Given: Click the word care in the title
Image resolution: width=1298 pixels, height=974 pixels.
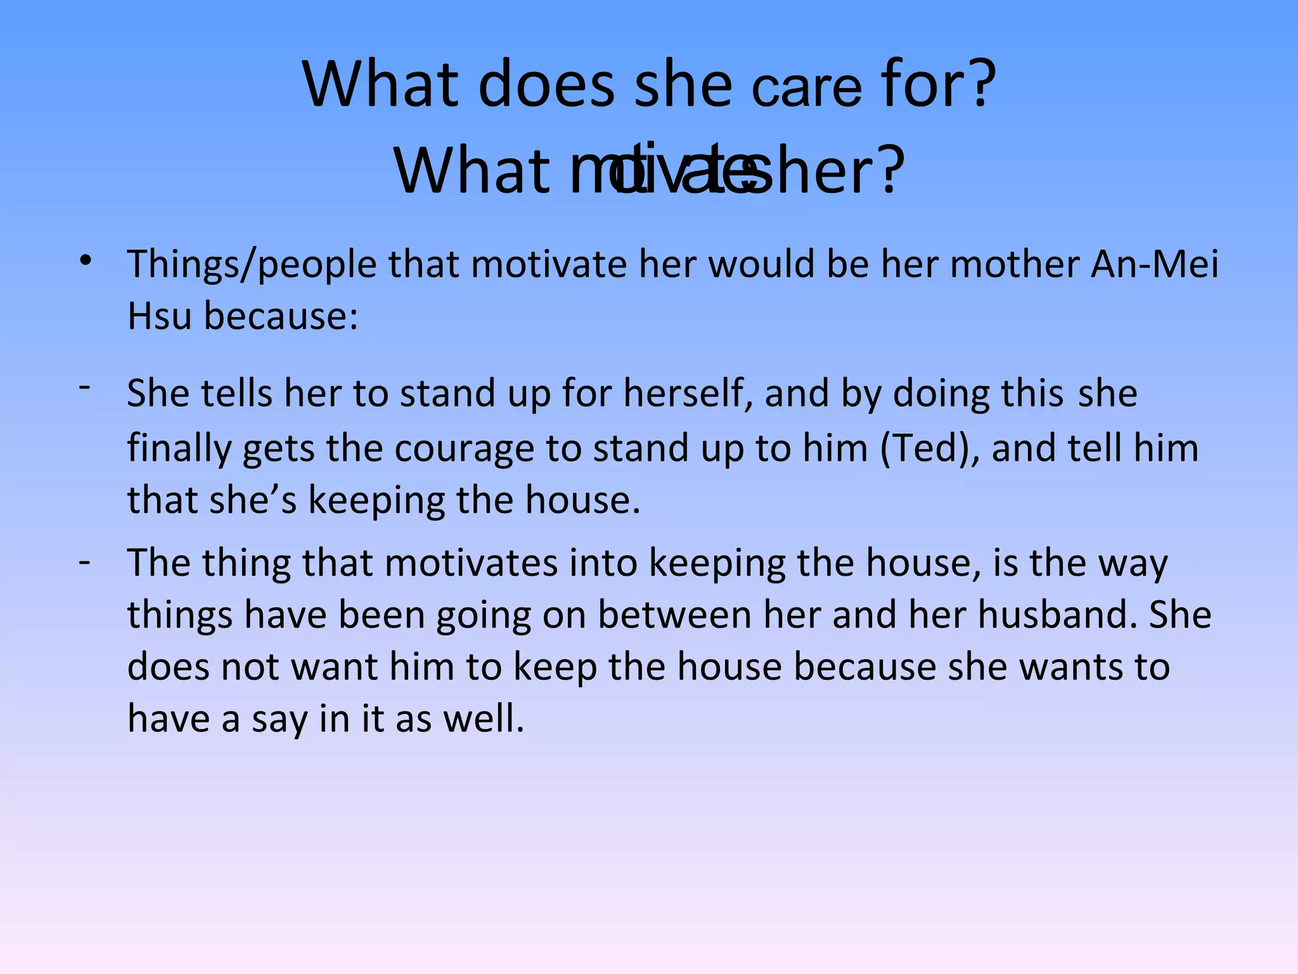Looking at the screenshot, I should pyautogui.click(x=806, y=89).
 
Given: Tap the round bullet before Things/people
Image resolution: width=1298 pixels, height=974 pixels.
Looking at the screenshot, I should pyautogui.click(x=86, y=261).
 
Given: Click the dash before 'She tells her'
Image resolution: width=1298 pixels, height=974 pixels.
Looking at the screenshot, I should pyautogui.click(x=85, y=386).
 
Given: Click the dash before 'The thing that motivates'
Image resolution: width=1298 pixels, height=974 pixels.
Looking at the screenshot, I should pyautogui.click(x=85, y=562).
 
